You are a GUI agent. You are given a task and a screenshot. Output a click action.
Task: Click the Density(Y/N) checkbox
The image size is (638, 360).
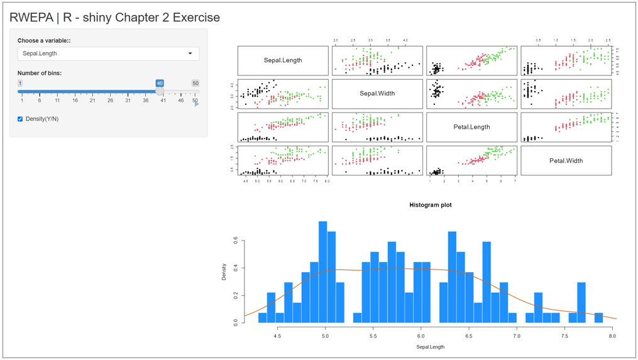[x=20, y=119]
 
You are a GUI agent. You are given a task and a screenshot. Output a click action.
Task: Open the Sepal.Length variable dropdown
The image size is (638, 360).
[x=108, y=53]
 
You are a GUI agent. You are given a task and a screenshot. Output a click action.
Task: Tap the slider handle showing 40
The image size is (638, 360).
[x=160, y=91]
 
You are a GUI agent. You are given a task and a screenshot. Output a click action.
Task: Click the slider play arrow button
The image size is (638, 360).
[x=197, y=104]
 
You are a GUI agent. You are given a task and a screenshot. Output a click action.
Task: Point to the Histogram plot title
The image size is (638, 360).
[x=430, y=205]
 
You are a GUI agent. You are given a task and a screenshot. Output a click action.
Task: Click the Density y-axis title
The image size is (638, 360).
[x=224, y=271]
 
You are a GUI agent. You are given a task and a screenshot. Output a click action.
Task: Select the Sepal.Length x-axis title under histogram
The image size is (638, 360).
[x=430, y=347]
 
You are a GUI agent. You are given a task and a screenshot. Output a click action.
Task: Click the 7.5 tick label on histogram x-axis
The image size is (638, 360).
[x=564, y=336]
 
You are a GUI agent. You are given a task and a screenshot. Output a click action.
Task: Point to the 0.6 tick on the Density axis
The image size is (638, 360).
[x=236, y=239]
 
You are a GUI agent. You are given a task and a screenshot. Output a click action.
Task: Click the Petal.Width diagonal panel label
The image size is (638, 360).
[x=566, y=161]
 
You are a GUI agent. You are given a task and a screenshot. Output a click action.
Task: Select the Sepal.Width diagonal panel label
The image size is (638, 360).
[x=377, y=94]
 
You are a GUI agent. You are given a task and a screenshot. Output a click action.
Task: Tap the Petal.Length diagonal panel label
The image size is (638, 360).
[x=471, y=127]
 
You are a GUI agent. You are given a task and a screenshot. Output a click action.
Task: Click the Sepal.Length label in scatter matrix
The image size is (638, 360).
[x=283, y=60]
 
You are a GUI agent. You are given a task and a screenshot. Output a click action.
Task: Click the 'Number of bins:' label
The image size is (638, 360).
[x=40, y=74]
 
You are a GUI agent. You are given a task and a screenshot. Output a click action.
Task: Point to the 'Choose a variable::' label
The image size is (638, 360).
[x=44, y=41]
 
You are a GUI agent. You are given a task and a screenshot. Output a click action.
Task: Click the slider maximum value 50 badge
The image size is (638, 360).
[x=195, y=83]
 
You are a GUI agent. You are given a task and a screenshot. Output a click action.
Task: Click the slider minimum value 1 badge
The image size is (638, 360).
[x=20, y=83]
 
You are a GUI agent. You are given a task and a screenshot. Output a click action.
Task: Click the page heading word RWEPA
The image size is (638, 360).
[x=31, y=18]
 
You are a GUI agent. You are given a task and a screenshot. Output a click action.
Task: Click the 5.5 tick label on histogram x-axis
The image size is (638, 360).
[x=373, y=336]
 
